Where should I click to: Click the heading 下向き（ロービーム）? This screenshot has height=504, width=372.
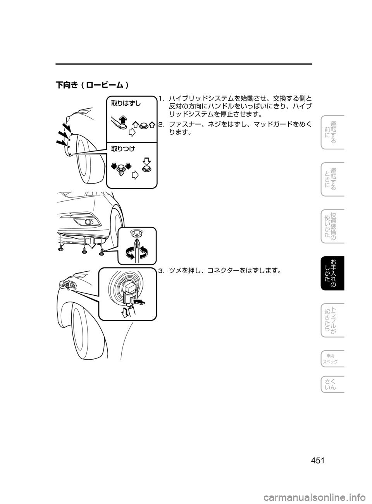tap(92, 85)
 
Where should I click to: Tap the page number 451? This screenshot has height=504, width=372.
tap(318, 461)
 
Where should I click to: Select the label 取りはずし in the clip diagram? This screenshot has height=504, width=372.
tap(126, 103)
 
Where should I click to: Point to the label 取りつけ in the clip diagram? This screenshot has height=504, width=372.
tap(123, 148)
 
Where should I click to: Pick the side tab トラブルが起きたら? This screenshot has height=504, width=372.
tap(332, 321)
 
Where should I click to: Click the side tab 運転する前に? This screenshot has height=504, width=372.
tap(332, 132)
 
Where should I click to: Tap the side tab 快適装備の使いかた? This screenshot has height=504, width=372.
tap(332, 226)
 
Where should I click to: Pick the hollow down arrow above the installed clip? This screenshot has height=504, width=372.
tap(146, 160)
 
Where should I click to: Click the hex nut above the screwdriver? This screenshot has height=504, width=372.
tap(137, 233)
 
